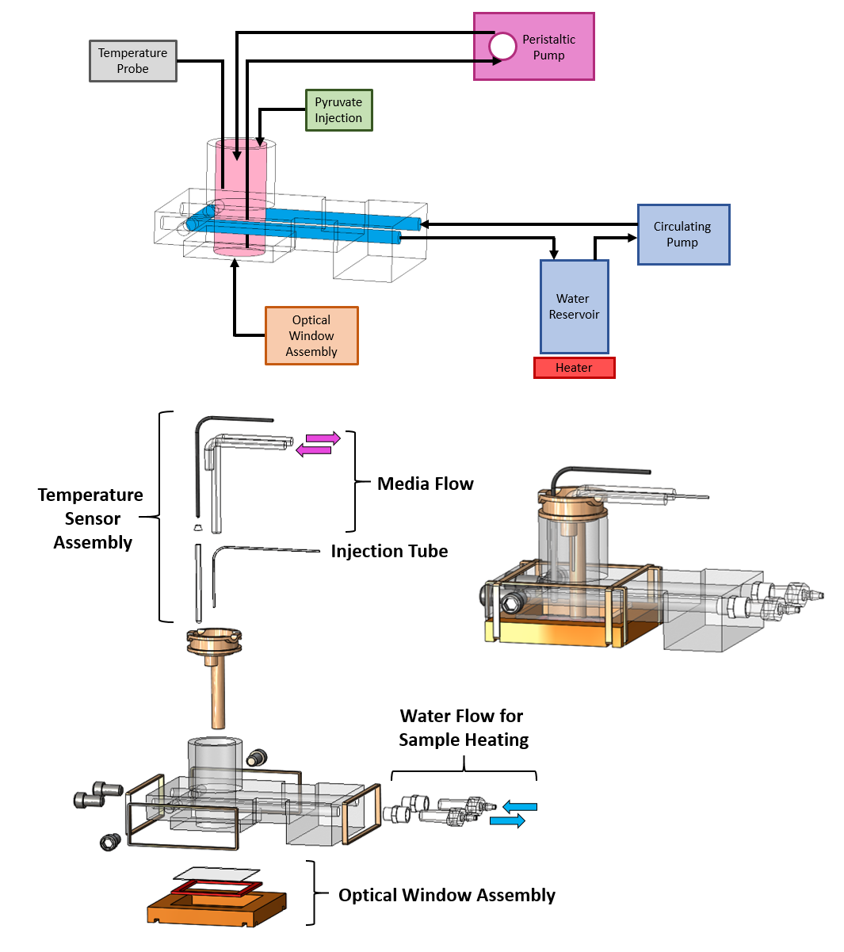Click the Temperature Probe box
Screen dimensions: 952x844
(132, 61)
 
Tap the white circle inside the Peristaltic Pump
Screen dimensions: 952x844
(502, 46)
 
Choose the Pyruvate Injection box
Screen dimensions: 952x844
(338, 110)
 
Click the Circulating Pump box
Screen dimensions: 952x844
(682, 235)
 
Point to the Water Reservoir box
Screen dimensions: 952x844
(574, 307)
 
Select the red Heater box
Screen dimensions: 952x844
(574, 368)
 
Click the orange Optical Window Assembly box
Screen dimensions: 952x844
(311, 336)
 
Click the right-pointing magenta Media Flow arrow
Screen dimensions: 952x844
(323, 438)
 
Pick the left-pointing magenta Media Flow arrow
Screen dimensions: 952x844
(314, 450)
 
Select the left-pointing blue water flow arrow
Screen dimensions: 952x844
(520, 807)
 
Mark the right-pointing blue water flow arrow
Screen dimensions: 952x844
(508, 821)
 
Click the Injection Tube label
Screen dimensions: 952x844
(389, 551)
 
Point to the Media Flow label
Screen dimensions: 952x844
(425, 484)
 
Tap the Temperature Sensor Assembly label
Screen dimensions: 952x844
(91, 518)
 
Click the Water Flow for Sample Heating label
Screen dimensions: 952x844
(463, 728)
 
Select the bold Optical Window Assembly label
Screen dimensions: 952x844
(446, 895)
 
